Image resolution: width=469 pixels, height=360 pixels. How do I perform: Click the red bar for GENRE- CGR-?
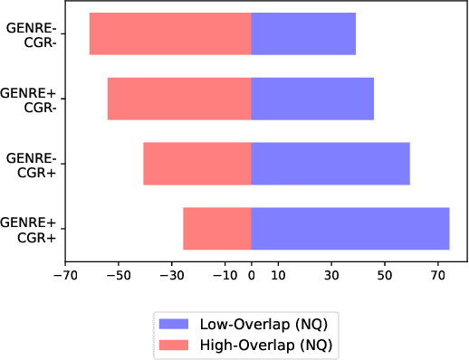170,34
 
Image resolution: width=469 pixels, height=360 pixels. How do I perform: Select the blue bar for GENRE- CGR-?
303,34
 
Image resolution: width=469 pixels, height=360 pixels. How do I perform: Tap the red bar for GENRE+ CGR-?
179,99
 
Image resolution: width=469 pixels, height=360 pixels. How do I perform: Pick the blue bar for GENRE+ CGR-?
312,99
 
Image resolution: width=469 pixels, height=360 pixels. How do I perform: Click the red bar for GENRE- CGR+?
197,164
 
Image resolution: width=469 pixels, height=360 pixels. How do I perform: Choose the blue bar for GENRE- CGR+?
330,164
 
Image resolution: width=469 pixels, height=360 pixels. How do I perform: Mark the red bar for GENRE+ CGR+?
217,229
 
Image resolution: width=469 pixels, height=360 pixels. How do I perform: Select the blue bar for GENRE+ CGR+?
350,229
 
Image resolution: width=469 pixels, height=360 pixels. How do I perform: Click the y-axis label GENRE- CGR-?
31,35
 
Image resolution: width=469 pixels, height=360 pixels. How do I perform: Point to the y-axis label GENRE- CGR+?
31,165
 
